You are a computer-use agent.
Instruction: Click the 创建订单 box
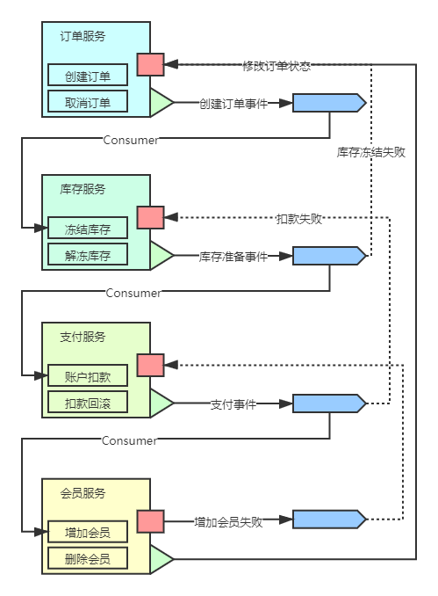(87, 76)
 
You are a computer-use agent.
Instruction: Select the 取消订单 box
(87, 101)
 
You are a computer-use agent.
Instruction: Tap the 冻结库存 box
(87, 229)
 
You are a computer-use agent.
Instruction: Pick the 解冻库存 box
(87, 255)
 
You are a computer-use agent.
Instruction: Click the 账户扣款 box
(87, 375)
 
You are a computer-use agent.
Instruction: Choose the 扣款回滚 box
(87, 403)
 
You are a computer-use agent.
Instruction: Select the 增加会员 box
(87, 532)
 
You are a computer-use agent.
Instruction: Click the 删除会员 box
(87, 558)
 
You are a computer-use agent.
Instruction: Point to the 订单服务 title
(83, 36)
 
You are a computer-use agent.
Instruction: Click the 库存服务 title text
(83, 189)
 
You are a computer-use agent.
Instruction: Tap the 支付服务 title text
(83, 337)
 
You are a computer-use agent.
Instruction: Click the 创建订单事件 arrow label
(233, 103)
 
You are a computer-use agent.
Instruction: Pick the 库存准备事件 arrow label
(233, 256)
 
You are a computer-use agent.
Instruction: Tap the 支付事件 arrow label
(233, 403)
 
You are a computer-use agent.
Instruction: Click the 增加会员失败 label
(228, 520)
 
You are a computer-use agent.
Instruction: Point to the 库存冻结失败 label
(371, 151)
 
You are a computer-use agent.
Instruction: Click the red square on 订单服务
(150, 64)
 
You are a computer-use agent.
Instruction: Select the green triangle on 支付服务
(160, 403)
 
